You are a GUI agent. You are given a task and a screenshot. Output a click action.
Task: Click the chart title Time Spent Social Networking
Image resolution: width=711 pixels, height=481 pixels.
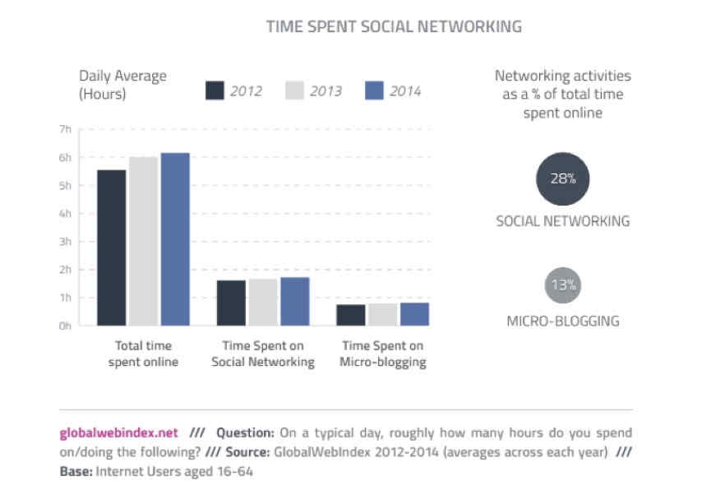pyautogui.click(x=394, y=26)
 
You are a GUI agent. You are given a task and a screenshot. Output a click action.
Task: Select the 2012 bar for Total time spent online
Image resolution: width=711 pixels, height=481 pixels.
pyautogui.click(x=112, y=247)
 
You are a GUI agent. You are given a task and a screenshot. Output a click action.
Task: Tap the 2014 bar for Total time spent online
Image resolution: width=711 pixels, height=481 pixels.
pyautogui.click(x=175, y=239)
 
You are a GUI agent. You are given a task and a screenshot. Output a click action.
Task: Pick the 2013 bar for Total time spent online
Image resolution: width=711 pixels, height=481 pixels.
pyautogui.click(x=143, y=242)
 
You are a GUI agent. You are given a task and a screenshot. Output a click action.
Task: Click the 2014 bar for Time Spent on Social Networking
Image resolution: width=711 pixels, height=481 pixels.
pyautogui.click(x=295, y=301)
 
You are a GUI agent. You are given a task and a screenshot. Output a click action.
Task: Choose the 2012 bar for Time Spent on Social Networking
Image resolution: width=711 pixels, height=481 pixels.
pyautogui.click(x=231, y=303)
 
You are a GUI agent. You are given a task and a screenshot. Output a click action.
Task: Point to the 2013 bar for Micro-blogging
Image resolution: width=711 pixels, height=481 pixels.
pyautogui.click(x=383, y=315)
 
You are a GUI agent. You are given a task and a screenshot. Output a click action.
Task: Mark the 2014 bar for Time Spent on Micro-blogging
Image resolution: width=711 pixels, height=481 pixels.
pyautogui.click(x=414, y=314)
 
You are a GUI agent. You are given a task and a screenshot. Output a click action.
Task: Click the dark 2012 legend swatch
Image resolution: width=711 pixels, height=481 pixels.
pyautogui.click(x=215, y=90)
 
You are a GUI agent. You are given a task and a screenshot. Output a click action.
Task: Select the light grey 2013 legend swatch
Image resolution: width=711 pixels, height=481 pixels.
pyautogui.click(x=294, y=90)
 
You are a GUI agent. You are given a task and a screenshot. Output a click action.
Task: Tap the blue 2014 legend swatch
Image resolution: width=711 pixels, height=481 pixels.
pyautogui.click(x=374, y=90)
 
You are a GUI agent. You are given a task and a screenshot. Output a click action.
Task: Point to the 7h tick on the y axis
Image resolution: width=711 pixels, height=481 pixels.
pyautogui.click(x=65, y=129)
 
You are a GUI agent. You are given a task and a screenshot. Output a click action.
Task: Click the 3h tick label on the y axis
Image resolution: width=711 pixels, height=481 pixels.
pyautogui.click(x=65, y=242)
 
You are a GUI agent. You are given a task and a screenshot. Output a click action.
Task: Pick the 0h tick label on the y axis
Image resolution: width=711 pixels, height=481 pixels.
pyautogui.click(x=65, y=326)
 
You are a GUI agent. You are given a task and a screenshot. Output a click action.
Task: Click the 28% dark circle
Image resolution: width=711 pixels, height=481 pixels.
pyautogui.click(x=563, y=178)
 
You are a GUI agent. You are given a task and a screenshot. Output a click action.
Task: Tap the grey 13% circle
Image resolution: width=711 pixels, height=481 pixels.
pyautogui.click(x=563, y=285)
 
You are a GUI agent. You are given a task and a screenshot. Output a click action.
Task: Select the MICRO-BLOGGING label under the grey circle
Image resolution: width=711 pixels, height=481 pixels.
pyautogui.click(x=563, y=321)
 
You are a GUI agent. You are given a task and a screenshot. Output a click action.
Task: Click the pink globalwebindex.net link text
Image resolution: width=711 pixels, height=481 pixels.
pyautogui.click(x=119, y=432)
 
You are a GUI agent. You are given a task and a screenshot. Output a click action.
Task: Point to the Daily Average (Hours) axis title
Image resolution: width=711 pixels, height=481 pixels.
pyautogui.click(x=122, y=85)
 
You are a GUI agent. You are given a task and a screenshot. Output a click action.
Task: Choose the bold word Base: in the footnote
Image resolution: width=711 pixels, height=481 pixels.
pyautogui.click(x=76, y=471)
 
